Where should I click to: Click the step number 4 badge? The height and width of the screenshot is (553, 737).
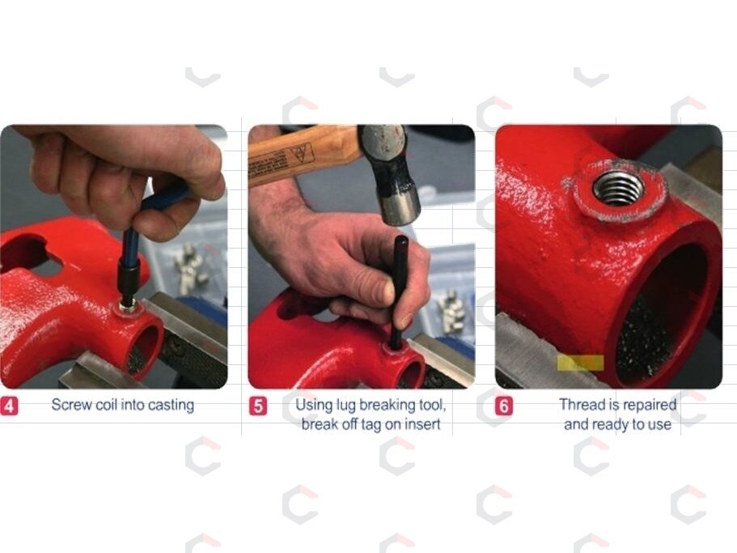(9, 406)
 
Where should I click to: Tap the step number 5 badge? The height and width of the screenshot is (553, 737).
(257, 406)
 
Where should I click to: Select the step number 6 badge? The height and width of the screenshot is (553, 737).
(504, 406)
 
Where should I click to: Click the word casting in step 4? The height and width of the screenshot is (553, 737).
(170, 406)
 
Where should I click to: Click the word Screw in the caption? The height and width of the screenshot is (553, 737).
(71, 404)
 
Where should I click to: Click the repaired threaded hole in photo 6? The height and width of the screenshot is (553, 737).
(617, 188)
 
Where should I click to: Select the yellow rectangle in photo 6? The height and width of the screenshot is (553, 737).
(581, 363)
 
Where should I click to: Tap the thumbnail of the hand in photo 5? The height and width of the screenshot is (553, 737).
(388, 291)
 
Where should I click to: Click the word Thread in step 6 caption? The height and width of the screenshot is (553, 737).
(582, 404)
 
